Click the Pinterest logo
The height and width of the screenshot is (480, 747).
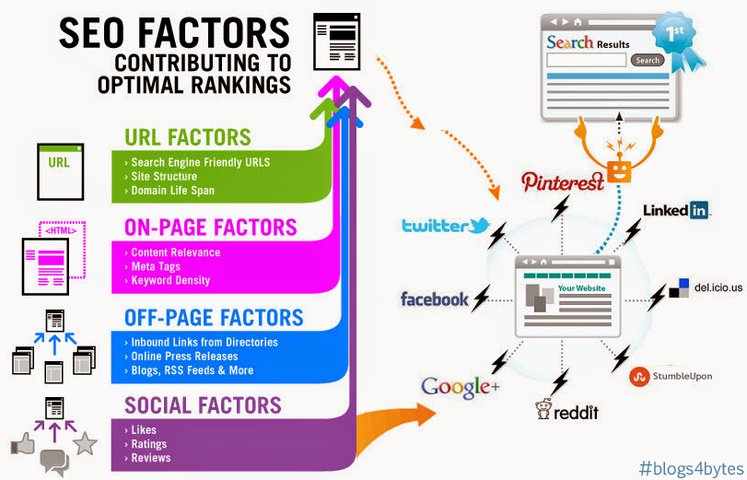(x=563, y=181)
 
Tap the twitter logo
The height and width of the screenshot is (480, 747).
(x=446, y=226)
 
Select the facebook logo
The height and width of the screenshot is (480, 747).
(x=435, y=299)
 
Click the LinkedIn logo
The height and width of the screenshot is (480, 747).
(x=675, y=210)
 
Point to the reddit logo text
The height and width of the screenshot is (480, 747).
(x=576, y=413)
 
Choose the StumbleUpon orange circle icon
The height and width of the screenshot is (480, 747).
(x=639, y=377)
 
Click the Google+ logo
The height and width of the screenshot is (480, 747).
(x=461, y=387)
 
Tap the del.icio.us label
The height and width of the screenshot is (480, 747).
(x=718, y=287)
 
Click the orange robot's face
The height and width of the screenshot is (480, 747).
(x=619, y=172)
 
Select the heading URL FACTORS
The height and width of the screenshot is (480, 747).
(x=188, y=137)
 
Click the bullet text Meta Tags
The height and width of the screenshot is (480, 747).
(x=156, y=266)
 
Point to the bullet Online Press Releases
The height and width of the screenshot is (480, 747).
(x=184, y=357)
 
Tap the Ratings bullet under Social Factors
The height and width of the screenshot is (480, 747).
(x=148, y=444)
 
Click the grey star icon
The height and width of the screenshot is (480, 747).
(x=85, y=443)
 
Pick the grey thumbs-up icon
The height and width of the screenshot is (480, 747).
(x=23, y=444)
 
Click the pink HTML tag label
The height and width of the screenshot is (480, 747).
(x=61, y=230)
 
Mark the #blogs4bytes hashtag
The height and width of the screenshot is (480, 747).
(x=691, y=469)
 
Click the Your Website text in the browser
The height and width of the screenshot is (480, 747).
(x=581, y=288)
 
